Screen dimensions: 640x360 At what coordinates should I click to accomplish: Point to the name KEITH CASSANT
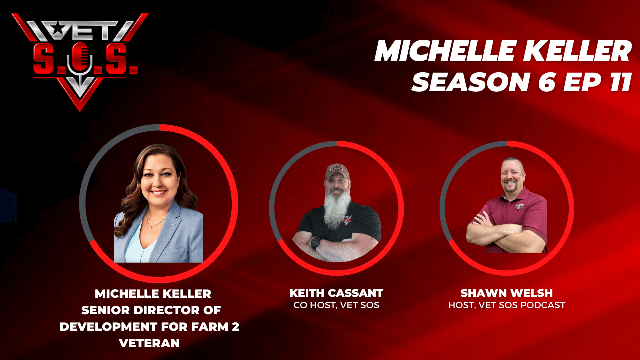[336, 293]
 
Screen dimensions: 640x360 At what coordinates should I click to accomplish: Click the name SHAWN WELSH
[507, 293]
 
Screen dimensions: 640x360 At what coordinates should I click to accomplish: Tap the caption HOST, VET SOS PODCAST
[507, 305]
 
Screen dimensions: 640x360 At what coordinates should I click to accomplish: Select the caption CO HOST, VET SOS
[336, 305]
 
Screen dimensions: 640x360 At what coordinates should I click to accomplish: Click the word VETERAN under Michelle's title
[149, 343]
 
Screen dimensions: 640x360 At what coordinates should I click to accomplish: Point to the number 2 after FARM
[235, 327]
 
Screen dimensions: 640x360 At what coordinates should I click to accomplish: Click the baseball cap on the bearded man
[337, 171]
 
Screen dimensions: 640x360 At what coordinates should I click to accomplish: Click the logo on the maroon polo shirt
[520, 206]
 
